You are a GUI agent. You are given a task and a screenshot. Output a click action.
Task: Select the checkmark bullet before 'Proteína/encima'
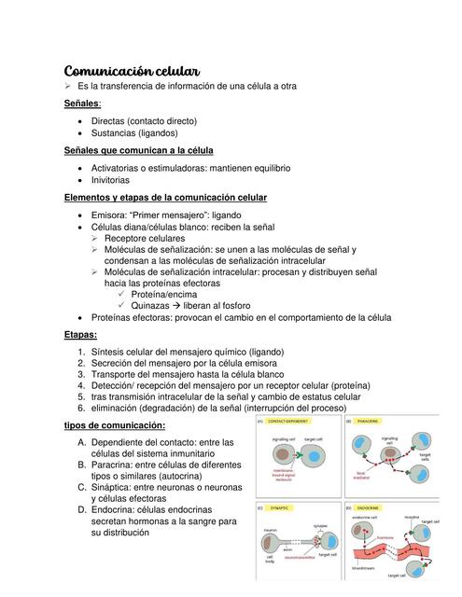[x=122, y=294]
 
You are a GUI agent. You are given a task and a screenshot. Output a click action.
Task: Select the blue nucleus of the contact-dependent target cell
[x=315, y=458]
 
